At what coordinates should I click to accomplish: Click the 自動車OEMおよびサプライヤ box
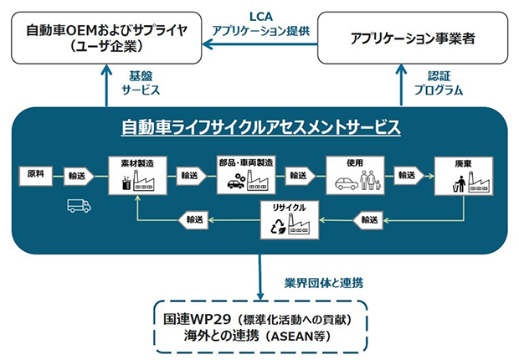[x=108, y=37]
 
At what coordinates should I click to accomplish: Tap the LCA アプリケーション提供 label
[x=260, y=23]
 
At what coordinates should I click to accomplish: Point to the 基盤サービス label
[x=141, y=83]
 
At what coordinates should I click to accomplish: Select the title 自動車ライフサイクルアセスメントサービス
[x=260, y=127]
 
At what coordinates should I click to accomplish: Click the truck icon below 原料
[x=80, y=205]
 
